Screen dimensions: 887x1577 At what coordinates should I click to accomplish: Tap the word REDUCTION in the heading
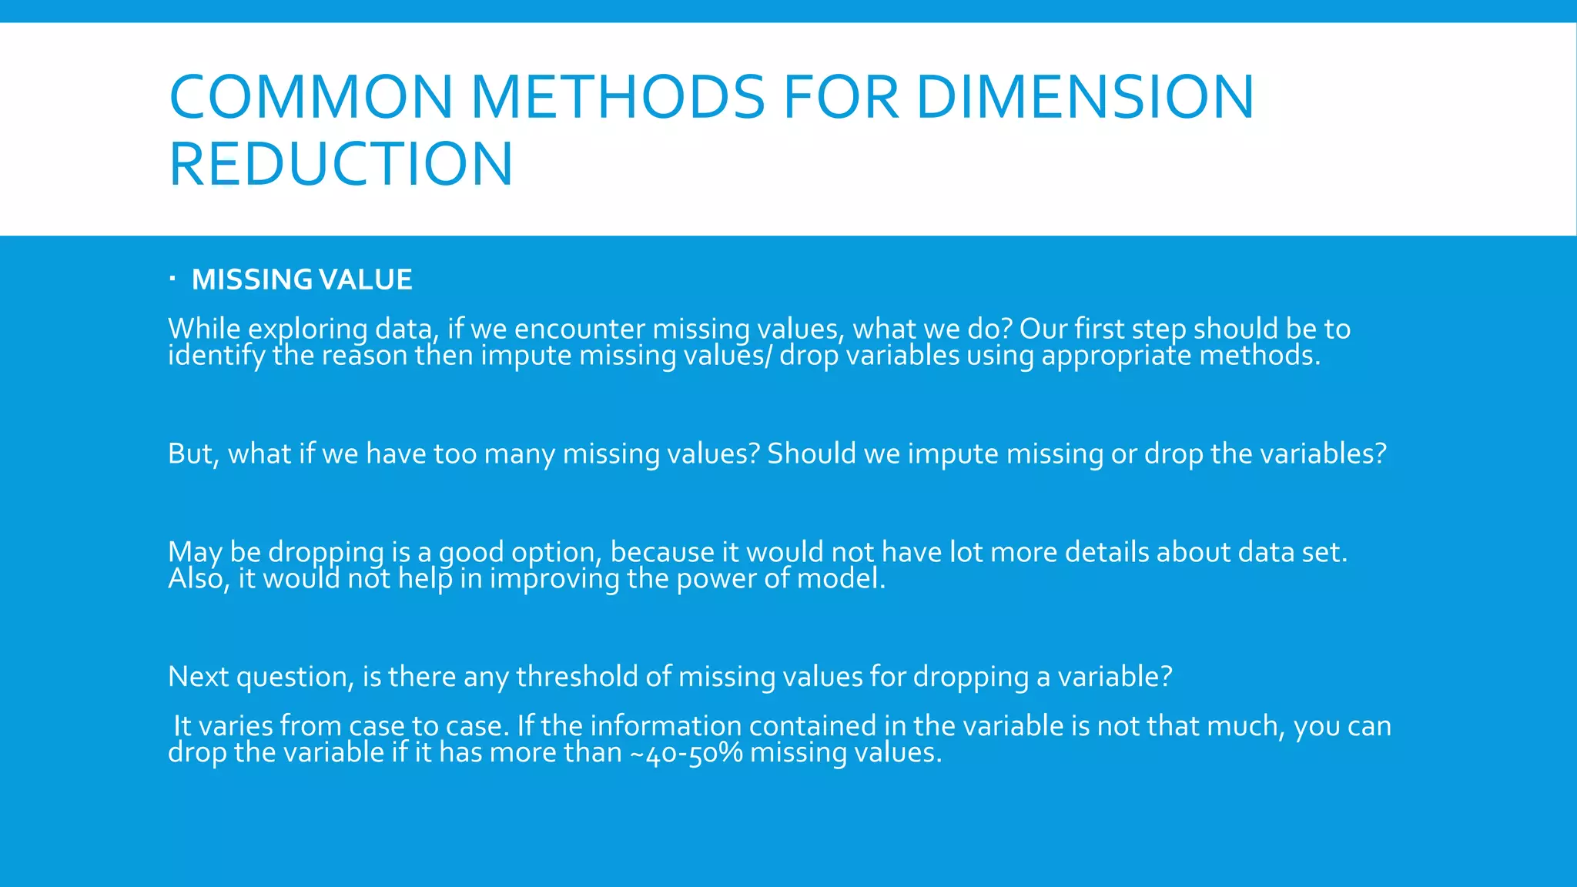[x=340, y=163]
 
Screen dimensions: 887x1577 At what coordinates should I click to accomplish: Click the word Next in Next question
[x=198, y=677]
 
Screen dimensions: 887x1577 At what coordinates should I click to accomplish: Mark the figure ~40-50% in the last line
[x=686, y=753]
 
